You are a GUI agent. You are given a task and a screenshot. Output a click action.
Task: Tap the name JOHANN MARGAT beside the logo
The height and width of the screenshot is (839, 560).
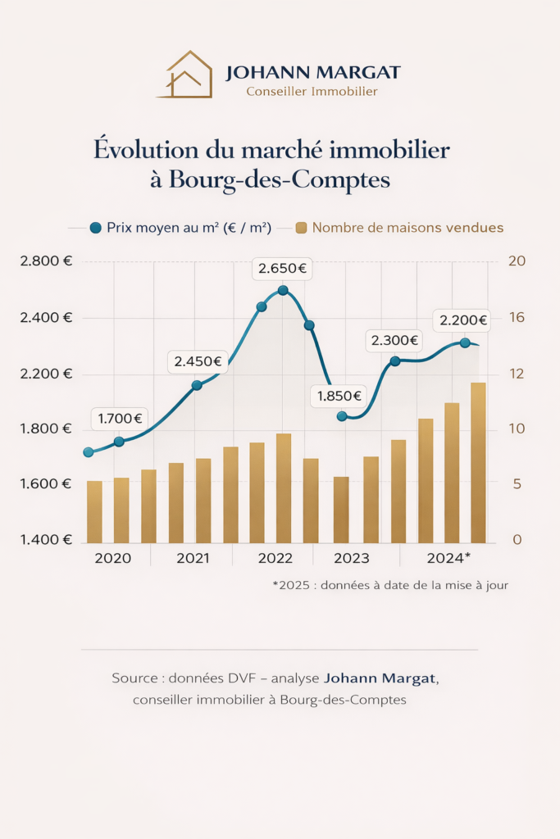(x=313, y=72)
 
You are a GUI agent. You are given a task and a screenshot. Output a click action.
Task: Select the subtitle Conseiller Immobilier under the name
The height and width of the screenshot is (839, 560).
(x=312, y=92)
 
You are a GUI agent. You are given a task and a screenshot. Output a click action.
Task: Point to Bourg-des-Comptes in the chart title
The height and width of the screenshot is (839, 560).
(x=280, y=179)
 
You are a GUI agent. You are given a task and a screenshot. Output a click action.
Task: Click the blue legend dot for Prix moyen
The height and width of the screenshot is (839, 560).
(x=95, y=228)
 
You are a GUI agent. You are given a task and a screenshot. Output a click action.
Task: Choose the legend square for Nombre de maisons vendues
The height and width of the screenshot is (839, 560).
(x=301, y=228)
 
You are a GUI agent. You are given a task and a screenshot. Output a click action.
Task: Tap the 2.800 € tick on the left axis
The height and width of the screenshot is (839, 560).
(x=45, y=261)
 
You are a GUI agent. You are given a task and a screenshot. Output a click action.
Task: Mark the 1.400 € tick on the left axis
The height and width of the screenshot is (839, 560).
(x=45, y=539)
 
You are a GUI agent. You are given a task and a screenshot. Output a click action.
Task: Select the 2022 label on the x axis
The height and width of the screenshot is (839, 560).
(x=275, y=558)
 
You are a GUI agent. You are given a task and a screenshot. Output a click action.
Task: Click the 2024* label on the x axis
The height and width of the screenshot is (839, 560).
(x=448, y=558)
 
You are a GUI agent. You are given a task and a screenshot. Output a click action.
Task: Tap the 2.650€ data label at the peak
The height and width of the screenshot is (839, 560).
(x=282, y=268)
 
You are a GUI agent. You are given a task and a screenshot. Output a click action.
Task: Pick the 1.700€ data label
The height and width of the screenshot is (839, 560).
(x=120, y=419)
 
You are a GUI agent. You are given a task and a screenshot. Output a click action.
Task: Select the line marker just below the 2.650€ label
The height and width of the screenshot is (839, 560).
(x=283, y=290)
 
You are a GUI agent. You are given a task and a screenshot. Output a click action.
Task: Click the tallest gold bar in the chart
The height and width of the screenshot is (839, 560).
(x=478, y=462)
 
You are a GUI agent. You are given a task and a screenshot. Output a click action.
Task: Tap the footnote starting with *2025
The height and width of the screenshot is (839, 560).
(x=390, y=585)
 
